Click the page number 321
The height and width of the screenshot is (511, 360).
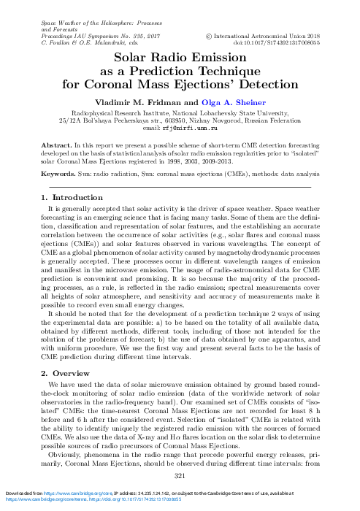pos(180,476)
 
